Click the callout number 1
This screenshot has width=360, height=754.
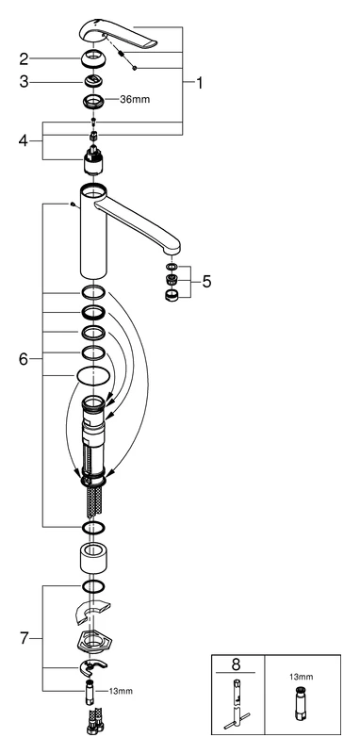coord(200,82)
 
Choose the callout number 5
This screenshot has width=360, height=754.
coord(207,280)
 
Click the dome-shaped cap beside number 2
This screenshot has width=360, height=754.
coord(95,59)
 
